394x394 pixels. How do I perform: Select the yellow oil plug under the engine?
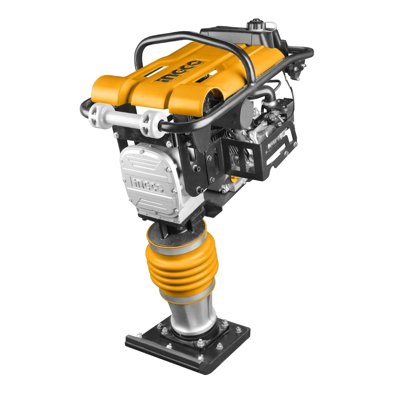[x=234, y=179]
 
